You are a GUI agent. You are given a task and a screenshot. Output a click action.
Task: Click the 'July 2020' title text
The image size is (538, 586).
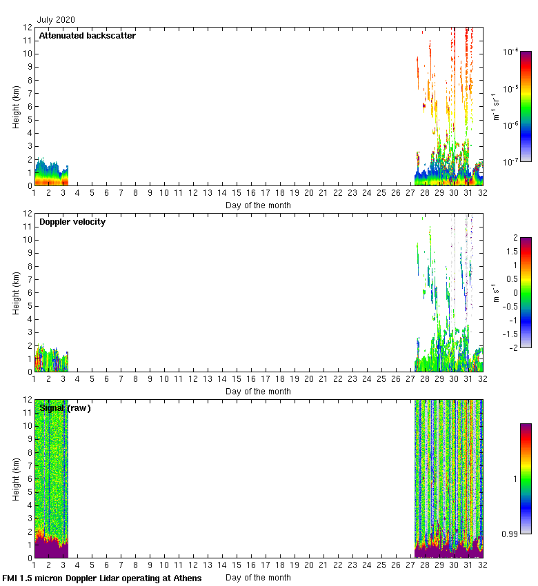[57, 20]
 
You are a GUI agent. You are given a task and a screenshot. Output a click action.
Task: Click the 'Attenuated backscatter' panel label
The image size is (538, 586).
[87, 35]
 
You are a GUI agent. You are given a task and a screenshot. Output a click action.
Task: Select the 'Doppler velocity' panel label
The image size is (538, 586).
[72, 221]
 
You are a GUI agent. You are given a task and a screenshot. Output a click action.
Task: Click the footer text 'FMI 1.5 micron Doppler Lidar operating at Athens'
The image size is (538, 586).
[102, 578]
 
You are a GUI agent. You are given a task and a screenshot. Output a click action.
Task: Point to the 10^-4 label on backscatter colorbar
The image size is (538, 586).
[511, 52]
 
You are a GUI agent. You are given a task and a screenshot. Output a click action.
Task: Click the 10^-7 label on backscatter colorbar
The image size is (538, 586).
[511, 162]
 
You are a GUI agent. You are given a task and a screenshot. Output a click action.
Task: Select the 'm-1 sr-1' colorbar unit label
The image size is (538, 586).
[497, 107]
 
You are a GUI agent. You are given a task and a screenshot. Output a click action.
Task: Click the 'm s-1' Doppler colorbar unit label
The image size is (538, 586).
[497, 293]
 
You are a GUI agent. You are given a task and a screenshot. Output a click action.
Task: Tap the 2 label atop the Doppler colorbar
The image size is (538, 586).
[515, 238]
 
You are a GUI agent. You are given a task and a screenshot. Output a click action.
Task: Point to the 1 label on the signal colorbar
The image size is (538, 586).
[515, 478]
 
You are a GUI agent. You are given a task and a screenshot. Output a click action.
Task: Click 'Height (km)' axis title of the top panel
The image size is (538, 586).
[16, 106]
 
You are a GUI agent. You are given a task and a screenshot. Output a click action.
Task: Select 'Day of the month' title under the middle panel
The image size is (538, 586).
[258, 392]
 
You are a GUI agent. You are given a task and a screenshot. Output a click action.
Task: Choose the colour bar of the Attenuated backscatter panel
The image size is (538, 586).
[526, 106]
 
